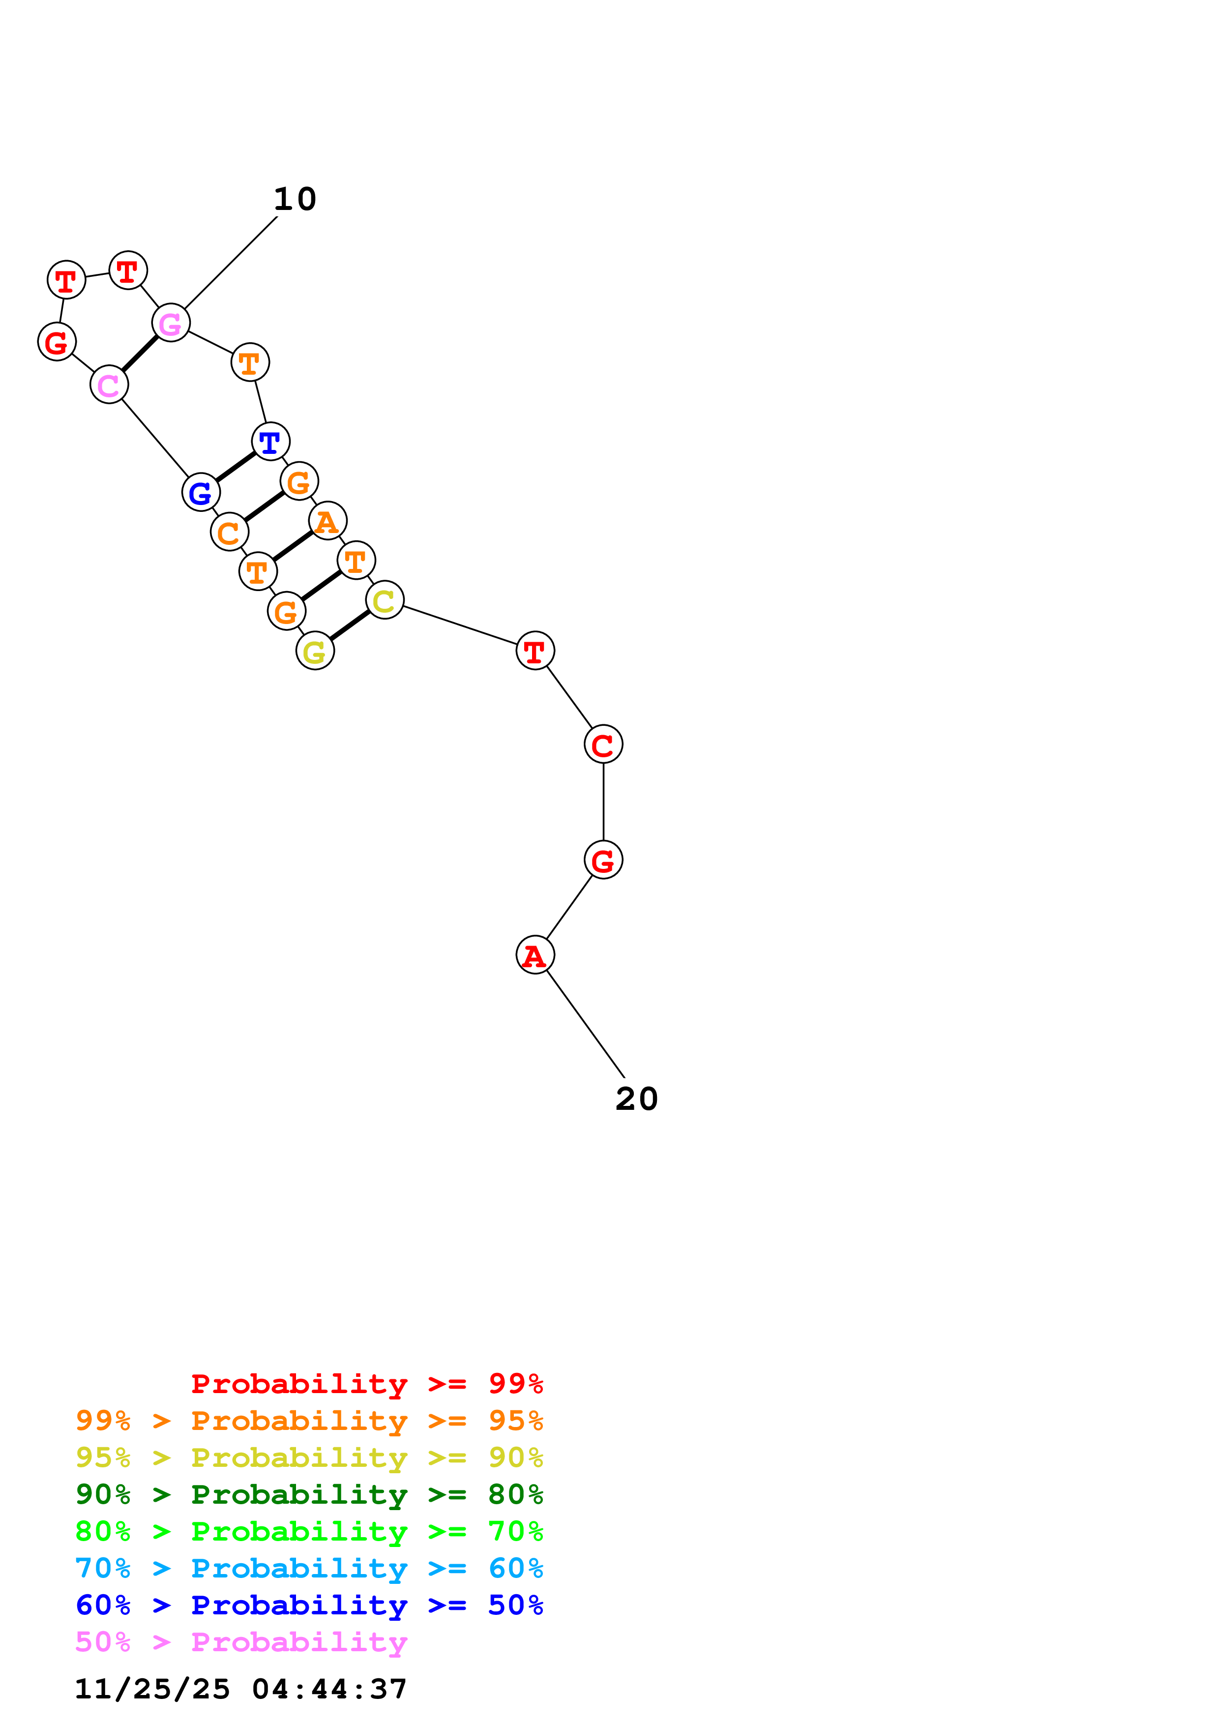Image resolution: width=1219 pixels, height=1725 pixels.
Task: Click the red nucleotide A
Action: (535, 955)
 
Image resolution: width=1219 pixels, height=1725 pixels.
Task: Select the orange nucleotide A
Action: (327, 521)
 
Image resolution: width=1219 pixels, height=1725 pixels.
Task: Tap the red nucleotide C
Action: (603, 744)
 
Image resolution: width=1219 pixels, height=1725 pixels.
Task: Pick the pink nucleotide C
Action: (109, 385)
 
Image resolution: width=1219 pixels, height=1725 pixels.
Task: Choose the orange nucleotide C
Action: (229, 532)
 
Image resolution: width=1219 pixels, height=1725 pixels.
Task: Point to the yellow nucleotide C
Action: (385, 599)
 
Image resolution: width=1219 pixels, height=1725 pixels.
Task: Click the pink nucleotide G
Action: (171, 323)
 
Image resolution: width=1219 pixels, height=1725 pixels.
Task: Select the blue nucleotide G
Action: (201, 492)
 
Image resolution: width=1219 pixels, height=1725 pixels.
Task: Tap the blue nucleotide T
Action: (270, 441)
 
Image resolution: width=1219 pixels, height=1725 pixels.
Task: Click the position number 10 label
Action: (295, 199)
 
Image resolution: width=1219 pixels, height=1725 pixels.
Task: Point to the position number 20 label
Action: (636, 1099)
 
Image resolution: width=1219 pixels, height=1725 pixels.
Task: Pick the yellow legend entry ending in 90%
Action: (309, 1457)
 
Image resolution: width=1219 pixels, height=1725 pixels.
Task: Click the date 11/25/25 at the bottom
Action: (152, 1689)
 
